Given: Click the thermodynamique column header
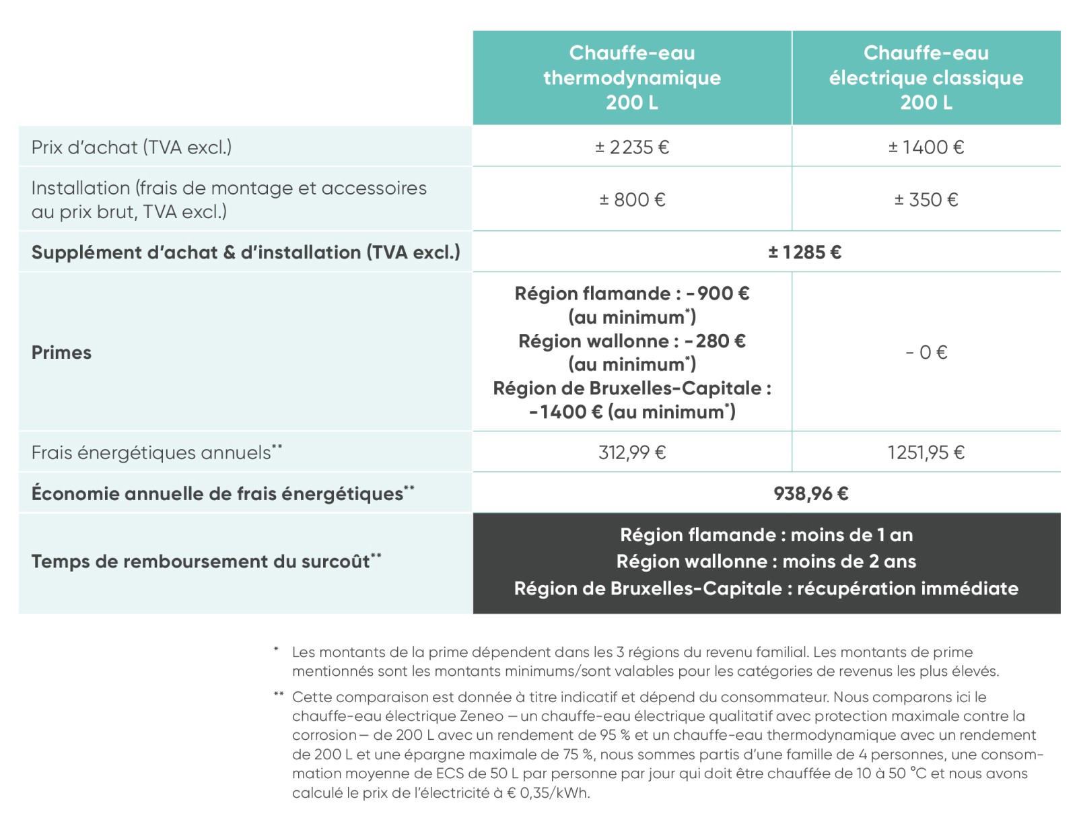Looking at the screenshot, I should coord(631,77).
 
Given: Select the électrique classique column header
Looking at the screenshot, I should coord(926,77).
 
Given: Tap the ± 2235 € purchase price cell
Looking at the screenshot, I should coord(631,147).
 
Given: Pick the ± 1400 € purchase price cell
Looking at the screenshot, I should coord(926,147).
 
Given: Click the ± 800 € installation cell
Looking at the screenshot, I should coord(631,199).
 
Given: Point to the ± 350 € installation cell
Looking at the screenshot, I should coord(926,199).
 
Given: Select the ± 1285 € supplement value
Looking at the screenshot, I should coord(804,252).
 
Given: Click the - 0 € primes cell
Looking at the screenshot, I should coord(926,352).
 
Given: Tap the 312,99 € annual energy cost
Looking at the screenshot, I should coord(631,452).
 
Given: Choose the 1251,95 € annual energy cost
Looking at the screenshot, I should coord(926,452).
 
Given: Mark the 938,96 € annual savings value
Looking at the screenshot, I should coord(810,493).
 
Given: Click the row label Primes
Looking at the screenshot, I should coord(61,352).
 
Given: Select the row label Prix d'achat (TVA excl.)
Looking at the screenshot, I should coord(131,147).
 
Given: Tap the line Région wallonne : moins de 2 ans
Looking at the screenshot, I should coord(766,561).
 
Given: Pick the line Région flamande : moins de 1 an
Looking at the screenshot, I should coord(766,535).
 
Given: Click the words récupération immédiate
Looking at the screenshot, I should coord(907,588).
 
